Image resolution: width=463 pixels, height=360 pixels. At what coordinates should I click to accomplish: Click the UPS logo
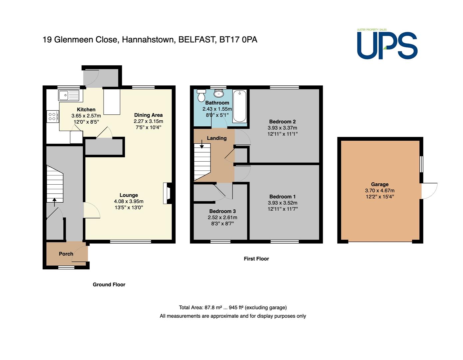click(x=387, y=44)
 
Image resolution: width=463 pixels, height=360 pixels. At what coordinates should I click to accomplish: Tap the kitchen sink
click(x=69, y=95)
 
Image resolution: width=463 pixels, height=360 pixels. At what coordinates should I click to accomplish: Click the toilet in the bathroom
click(x=201, y=95)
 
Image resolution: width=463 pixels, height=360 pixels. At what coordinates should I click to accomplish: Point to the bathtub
click(x=239, y=106)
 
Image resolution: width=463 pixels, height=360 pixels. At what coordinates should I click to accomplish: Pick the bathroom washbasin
click(x=219, y=93)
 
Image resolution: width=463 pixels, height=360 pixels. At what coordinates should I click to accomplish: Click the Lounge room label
click(x=129, y=195)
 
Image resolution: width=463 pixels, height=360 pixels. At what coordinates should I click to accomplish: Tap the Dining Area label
click(x=148, y=115)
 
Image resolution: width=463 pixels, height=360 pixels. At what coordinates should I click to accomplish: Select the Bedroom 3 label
click(x=223, y=211)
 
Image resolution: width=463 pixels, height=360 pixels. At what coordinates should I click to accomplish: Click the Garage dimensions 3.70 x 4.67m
click(x=380, y=191)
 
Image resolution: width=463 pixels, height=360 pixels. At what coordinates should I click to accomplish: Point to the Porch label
click(x=66, y=254)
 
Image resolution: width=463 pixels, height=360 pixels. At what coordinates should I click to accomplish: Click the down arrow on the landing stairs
click(x=202, y=144)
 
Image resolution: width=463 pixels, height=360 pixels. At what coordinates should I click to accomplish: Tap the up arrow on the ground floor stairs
click(x=55, y=202)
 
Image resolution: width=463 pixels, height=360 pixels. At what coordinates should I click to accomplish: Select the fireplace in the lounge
click(x=168, y=193)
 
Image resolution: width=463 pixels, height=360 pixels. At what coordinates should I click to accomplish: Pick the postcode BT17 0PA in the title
click(x=238, y=40)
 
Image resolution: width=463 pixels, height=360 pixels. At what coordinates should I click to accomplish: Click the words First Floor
click(x=256, y=259)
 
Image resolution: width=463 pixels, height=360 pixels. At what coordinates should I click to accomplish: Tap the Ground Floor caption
click(x=109, y=285)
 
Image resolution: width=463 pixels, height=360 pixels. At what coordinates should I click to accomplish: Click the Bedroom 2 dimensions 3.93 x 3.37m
click(x=282, y=128)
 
